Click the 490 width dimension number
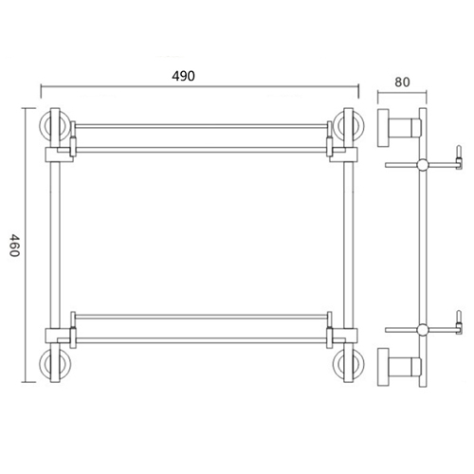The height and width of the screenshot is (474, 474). tap(197, 77)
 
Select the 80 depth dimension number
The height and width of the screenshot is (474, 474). tap(401, 81)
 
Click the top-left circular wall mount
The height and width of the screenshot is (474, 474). tap(54, 125)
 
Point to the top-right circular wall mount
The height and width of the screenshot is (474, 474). tap(347, 125)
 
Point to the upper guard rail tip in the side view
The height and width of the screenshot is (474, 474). tap(459, 152)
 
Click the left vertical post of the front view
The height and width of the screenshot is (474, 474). tap(55, 246)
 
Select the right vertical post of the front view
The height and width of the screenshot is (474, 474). tap(348, 246)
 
